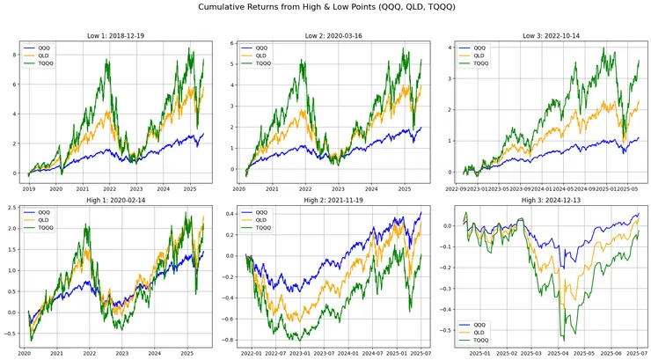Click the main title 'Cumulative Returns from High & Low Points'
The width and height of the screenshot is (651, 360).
point(325,8)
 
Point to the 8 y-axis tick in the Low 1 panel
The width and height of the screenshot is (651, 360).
point(17,55)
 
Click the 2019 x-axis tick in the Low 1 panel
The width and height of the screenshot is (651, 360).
point(30,188)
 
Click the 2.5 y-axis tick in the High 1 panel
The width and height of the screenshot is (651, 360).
point(13,208)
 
